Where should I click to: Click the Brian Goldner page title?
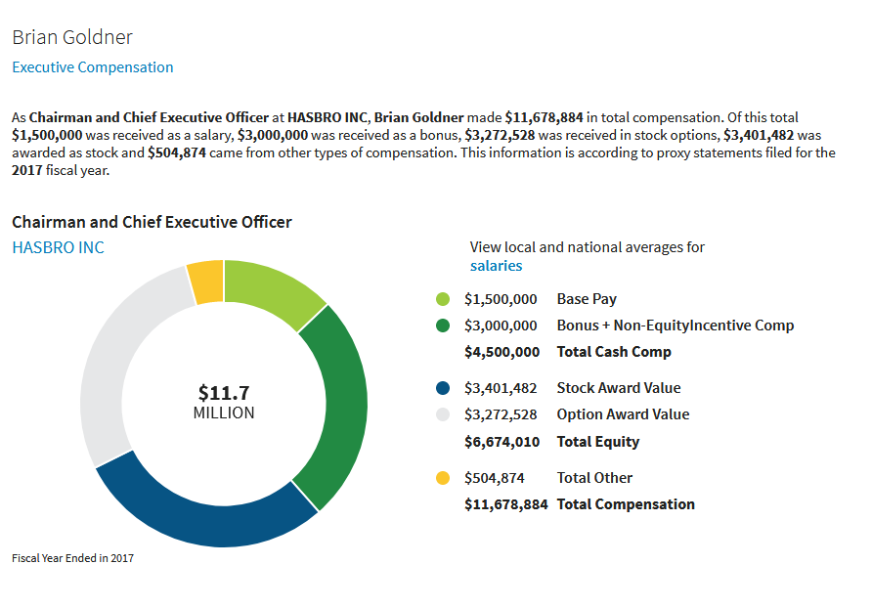coord(72,37)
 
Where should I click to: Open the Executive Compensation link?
coord(93,67)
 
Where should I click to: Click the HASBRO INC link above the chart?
coord(58,247)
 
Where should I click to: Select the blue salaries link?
coord(496,266)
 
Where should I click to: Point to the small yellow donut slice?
coord(206,282)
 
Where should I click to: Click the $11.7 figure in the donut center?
coord(224,393)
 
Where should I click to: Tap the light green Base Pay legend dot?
coord(443,299)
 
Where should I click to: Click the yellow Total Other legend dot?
coord(443,478)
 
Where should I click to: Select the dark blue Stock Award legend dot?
coord(443,388)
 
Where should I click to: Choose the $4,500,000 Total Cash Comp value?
coord(501,352)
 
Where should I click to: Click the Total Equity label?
coord(598,442)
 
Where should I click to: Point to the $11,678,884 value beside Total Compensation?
coord(505,504)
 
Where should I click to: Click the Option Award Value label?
coord(623,414)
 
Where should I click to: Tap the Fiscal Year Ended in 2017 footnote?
coord(72,558)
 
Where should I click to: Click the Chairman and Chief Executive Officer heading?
coord(152,222)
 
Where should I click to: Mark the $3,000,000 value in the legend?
coord(501,326)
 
